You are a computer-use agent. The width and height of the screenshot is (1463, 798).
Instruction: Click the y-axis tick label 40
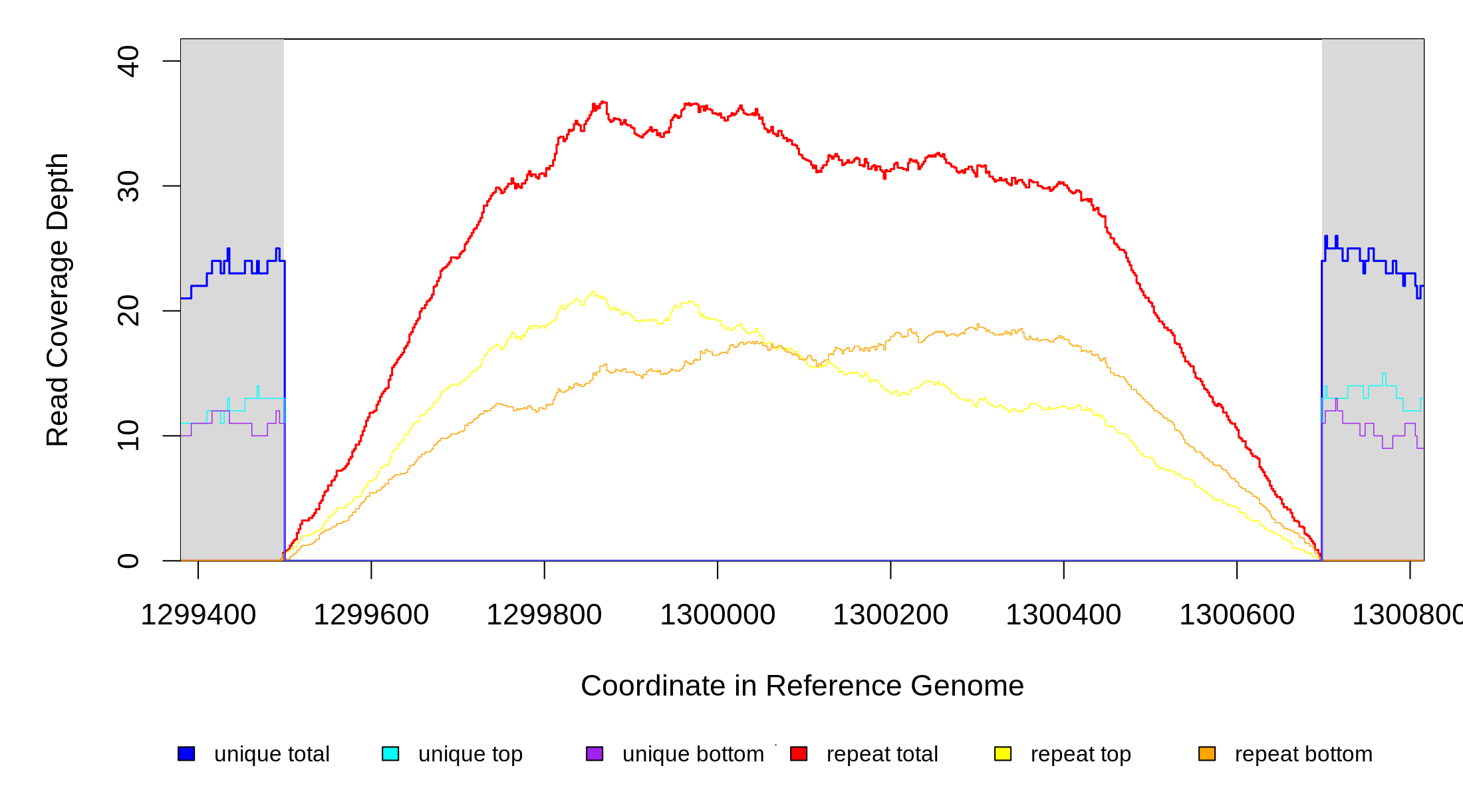coord(128,61)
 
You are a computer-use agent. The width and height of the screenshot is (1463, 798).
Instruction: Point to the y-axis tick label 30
coord(128,186)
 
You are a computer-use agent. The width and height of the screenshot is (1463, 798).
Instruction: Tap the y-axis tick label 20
coord(128,311)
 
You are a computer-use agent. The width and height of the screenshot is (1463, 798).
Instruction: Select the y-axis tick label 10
coord(128,436)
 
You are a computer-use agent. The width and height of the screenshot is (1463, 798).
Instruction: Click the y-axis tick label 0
coord(128,561)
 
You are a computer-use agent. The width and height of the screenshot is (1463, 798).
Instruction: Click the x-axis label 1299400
coord(198,615)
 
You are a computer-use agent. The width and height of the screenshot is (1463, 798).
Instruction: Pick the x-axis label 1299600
coord(371,615)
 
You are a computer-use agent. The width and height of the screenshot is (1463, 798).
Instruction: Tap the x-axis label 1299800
coord(544,615)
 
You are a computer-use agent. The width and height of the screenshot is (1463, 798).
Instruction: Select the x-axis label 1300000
coord(718,615)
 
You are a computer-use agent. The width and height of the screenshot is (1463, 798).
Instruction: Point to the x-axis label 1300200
coord(890,615)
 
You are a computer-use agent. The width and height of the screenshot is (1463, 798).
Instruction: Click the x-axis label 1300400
coord(1063,615)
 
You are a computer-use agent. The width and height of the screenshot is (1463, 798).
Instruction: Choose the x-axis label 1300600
coord(1237,615)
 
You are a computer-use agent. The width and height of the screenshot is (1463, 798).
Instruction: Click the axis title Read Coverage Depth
coord(58,299)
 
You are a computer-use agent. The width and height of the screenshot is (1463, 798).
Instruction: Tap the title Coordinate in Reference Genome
coord(802,686)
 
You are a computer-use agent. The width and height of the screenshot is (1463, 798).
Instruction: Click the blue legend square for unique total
coord(186,753)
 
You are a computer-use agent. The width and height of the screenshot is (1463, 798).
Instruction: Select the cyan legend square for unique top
coord(390,753)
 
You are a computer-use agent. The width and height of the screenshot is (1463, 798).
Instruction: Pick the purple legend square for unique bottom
coord(595,753)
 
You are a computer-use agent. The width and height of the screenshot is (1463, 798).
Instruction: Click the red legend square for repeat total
coord(799,753)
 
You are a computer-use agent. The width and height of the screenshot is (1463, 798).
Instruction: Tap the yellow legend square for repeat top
coord(1003,753)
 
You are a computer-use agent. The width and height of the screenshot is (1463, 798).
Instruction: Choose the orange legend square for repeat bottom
coord(1207,753)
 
